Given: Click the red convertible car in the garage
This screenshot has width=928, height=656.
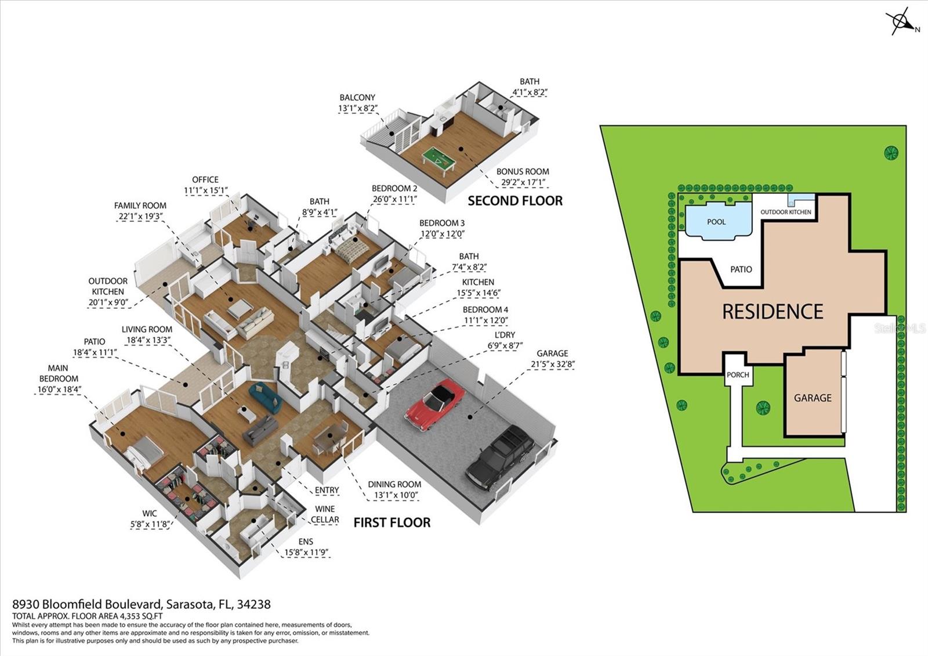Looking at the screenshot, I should point(435,405).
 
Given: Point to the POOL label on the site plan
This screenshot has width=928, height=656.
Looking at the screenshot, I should point(716,222).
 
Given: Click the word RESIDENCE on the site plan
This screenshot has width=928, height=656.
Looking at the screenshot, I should point(773,312).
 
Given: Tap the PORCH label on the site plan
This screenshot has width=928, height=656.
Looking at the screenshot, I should point(738,374).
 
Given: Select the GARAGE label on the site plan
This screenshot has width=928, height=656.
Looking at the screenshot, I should point(813,398).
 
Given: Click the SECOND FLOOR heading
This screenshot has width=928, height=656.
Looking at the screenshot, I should point(515,201).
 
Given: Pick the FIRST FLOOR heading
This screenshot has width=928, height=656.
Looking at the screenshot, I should point(392,522).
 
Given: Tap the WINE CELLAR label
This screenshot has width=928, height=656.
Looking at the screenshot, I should point(325,514).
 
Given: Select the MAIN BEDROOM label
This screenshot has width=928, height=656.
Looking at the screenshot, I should point(58,373).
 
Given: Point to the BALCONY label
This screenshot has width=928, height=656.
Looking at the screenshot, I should point(357,98).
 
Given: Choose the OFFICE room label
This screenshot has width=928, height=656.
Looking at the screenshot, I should point(205,179).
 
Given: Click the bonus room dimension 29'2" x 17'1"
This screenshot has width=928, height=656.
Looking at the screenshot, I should point(523,182).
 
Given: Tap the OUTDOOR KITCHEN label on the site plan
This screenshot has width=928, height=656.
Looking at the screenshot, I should point(786,212).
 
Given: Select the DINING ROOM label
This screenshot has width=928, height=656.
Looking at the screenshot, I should point(394,484).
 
